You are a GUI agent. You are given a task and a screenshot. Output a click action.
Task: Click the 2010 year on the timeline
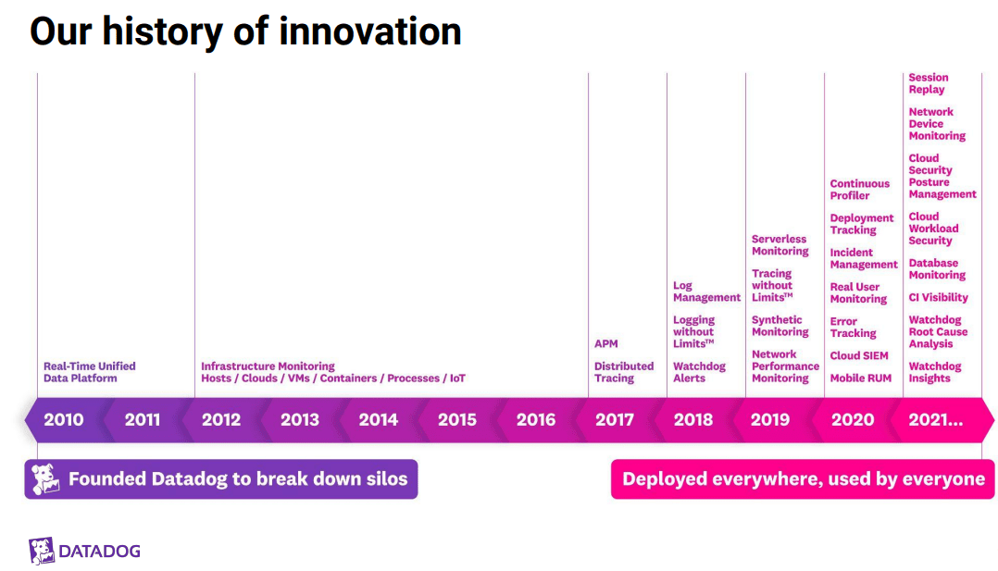63,419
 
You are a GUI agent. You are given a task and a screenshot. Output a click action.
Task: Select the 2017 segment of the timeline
615,419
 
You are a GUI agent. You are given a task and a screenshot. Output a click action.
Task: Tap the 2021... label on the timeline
935,419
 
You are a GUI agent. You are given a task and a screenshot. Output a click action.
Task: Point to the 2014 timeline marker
378,419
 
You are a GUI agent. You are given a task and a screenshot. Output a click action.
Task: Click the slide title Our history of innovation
245,31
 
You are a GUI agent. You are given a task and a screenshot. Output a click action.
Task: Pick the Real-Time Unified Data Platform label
89,372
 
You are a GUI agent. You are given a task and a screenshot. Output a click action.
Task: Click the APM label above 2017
605,344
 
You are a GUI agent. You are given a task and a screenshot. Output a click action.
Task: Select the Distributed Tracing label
623,372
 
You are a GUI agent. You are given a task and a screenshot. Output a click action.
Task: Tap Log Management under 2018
706,292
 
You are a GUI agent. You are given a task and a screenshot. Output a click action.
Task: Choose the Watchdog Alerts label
699,372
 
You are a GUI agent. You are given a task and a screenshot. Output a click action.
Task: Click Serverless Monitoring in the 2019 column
780,245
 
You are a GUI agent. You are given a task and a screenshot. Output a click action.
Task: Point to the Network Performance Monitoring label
785,366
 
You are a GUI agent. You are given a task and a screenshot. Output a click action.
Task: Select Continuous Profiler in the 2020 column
859,190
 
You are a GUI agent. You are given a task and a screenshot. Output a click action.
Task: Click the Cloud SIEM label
858,355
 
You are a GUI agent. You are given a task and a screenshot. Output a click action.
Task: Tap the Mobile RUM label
860,378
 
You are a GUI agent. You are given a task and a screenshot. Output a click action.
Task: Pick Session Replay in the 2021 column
928,83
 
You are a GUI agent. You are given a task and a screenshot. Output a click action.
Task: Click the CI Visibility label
938,298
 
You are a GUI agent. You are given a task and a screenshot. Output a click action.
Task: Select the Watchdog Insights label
934,372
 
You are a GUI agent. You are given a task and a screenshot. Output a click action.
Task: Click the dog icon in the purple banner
45,479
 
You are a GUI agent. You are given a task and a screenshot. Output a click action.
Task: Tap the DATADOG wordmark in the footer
99,552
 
